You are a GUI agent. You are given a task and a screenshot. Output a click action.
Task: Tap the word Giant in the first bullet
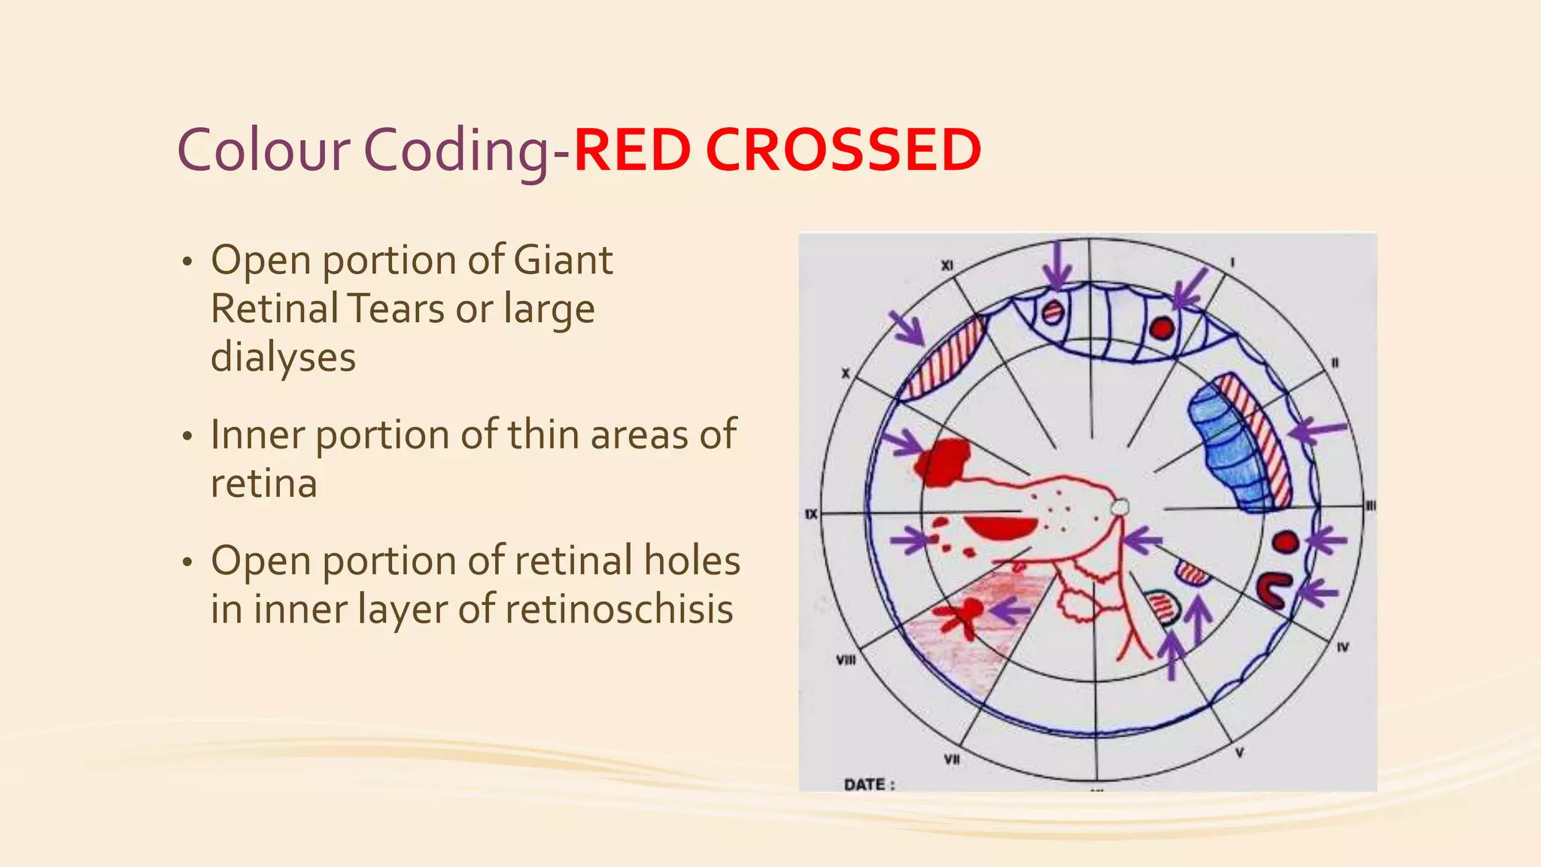coord(563,260)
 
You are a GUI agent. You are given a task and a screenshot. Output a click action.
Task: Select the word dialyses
coord(283,357)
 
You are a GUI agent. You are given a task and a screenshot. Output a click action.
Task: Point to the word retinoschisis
coord(619,609)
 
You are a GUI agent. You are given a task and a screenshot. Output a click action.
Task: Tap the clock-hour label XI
coord(947,266)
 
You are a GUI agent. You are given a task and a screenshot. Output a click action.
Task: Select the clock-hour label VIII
coord(846,660)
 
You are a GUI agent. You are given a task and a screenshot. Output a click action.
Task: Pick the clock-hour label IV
coord(1343,646)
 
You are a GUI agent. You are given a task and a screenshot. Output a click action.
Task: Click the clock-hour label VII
coord(952,759)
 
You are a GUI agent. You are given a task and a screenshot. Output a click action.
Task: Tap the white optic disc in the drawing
coord(1120,508)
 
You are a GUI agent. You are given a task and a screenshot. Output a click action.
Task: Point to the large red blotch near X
coord(942,461)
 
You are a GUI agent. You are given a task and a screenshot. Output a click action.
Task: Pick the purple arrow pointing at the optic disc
coord(1142,540)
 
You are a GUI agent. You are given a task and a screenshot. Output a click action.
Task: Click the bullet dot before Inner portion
coord(187,437)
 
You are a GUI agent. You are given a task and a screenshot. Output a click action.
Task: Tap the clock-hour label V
coord(1239,752)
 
